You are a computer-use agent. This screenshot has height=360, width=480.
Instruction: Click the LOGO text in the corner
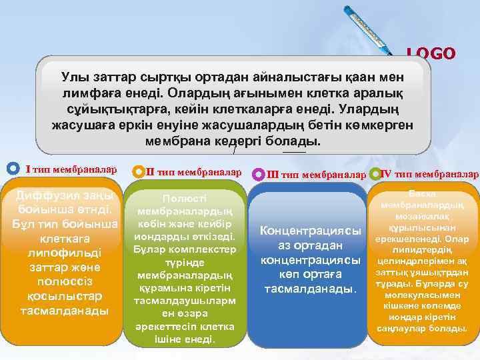coord(431,53)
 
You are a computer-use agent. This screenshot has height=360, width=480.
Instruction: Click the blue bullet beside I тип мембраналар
coord(11,169)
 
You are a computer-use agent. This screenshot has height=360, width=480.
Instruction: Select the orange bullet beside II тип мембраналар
coord(139,173)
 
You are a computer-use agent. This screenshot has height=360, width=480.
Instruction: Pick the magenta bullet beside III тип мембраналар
coord(259,175)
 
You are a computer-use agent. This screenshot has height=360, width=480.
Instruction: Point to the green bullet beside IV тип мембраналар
coord(375,175)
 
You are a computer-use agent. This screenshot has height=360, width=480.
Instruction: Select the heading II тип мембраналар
coord(193,172)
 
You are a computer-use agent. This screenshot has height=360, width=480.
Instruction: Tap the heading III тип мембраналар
coord(317,175)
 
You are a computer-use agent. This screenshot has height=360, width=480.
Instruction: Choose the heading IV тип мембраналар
coord(429,175)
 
